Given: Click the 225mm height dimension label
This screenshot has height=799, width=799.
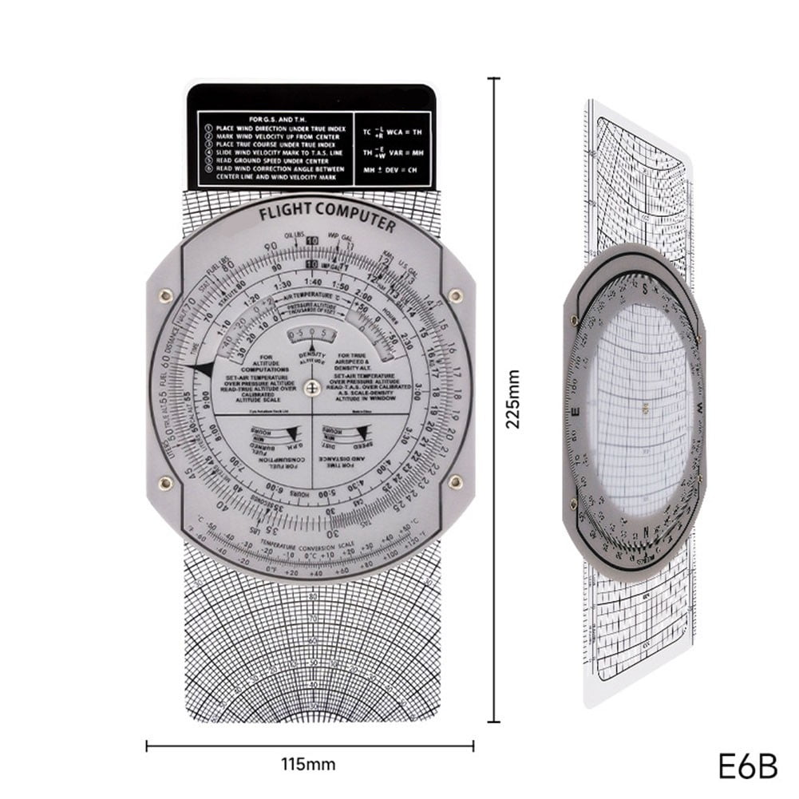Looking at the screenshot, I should tap(513, 399).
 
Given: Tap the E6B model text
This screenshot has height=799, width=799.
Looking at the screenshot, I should tap(747, 765).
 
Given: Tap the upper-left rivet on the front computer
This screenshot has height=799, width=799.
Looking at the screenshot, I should tap(166, 296).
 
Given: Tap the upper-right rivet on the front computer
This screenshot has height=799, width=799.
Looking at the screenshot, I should tap(456, 296).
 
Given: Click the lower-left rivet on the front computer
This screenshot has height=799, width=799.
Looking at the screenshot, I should tap(166, 482).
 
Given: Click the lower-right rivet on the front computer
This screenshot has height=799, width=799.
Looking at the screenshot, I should tap(456, 482).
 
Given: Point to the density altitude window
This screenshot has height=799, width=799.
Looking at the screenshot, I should tap(311, 334).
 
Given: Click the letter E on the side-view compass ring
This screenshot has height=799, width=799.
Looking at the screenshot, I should tap(575, 413).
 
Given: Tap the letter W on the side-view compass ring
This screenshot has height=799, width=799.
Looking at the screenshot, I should tap(699, 407).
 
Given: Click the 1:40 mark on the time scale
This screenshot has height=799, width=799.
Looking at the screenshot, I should tap(313, 283).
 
